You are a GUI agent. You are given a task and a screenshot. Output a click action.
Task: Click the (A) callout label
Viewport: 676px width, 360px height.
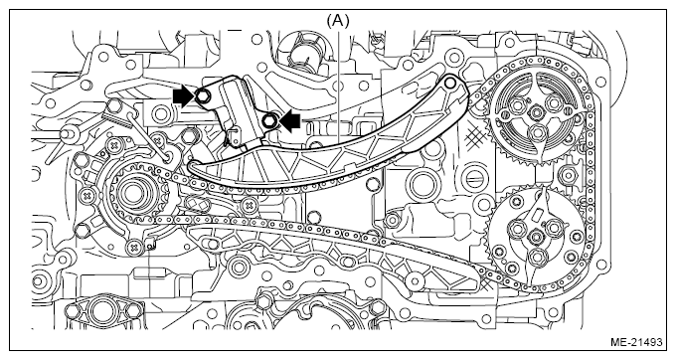point(338,20)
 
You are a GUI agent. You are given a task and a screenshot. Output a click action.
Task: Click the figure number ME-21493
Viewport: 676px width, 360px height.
point(636,343)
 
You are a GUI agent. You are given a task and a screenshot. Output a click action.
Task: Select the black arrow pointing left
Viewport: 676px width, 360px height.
point(289,119)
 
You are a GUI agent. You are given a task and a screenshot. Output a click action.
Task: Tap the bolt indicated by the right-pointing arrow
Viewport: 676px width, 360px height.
point(202,96)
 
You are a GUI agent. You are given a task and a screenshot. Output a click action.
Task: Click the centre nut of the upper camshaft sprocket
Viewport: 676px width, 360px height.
point(537,113)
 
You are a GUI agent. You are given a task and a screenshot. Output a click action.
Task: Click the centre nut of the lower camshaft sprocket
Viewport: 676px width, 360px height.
point(536,237)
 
